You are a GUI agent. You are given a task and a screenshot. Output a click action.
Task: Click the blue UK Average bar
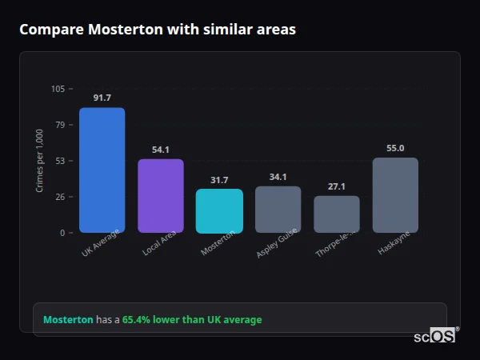102,170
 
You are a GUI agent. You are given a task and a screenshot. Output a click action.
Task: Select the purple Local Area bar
161,196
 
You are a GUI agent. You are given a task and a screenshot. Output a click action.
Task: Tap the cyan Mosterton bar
219,211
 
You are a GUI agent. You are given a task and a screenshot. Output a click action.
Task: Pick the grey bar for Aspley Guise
278,210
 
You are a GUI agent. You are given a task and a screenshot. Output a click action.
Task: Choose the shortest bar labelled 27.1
337,214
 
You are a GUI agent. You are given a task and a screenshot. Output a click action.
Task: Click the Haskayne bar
395,195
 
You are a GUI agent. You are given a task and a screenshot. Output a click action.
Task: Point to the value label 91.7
102,98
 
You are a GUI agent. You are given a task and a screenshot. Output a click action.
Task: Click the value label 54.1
161,150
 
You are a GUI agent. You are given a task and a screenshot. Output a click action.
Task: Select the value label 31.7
219,180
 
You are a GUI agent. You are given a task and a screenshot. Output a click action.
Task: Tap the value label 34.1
278,177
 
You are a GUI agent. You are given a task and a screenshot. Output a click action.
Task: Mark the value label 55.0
395,148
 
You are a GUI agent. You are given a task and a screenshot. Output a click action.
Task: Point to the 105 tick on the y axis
58,89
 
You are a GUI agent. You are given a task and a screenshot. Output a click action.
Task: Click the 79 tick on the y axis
60,125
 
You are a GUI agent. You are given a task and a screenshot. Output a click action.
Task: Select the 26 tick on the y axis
60,197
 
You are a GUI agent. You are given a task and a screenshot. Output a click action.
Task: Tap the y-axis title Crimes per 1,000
40,160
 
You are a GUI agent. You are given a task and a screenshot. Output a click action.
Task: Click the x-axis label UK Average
101,243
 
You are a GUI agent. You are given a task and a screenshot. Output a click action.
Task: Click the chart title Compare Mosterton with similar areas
158,30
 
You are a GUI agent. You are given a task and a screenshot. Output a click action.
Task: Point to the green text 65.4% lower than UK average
192,320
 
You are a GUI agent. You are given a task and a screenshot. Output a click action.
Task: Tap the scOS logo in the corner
435,336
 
